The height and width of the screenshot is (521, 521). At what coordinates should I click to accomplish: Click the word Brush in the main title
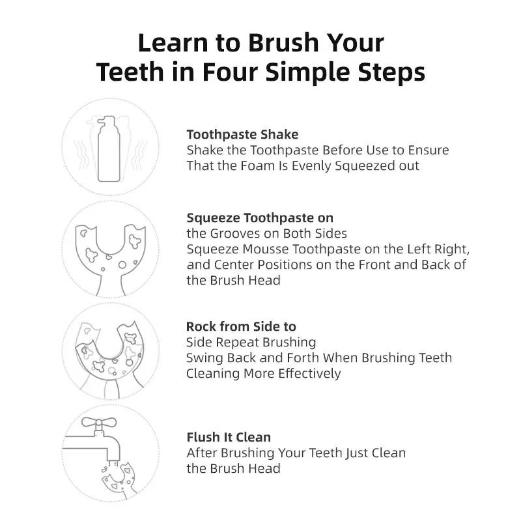tap(283, 43)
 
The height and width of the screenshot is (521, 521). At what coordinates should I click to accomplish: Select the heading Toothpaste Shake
tap(242, 135)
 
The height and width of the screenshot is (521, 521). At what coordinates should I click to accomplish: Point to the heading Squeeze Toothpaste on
tap(260, 218)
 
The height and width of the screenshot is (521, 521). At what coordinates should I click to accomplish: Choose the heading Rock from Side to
tap(241, 326)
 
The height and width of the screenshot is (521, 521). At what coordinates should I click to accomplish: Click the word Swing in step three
tap(204, 358)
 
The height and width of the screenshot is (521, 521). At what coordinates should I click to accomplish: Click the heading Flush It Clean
tap(229, 437)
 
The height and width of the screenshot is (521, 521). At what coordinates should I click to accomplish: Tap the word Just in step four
tap(357, 453)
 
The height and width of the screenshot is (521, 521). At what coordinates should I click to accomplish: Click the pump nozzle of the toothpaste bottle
tap(106, 122)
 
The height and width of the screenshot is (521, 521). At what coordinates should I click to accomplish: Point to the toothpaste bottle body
tap(109, 154)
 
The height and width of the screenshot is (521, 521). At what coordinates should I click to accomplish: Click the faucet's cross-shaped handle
tap(99, 422)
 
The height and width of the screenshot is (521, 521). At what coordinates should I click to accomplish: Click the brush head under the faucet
tap(120, 479)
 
